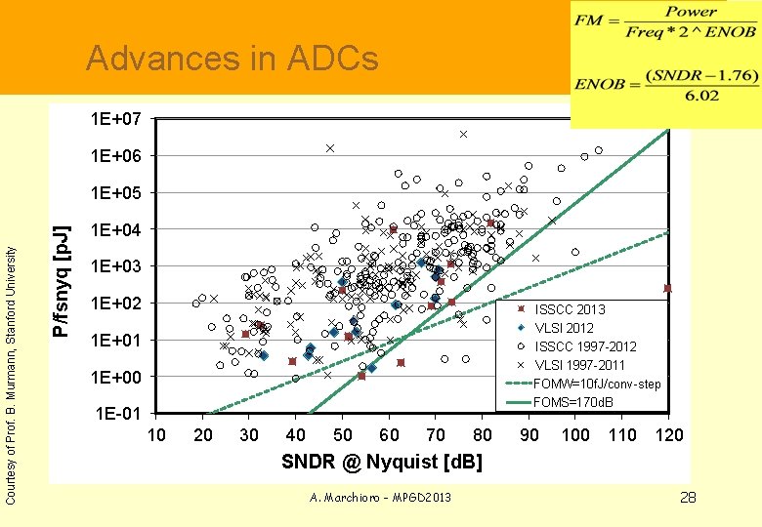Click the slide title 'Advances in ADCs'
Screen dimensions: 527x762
pos(232,60)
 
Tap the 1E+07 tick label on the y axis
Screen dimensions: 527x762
pos(115,120)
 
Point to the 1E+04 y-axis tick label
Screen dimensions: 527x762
pos(115,230)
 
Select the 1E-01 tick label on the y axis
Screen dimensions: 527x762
pos(115,414)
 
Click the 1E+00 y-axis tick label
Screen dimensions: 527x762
pos(115,378)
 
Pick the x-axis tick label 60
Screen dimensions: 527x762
pos(389,435)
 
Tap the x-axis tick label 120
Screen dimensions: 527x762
pos(668,435)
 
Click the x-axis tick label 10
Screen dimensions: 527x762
pos(156,435)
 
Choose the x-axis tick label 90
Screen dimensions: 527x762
pos(529,435)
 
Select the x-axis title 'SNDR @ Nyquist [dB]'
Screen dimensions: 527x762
pos(381,461)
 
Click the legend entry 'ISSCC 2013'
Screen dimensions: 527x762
pos(570,309)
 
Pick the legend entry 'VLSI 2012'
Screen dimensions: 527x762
pos(564,328)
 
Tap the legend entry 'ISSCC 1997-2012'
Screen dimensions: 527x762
pos(585,346)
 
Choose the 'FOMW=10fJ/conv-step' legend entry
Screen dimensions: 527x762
pos(597,384)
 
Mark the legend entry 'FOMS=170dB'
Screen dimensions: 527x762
pos(572,402)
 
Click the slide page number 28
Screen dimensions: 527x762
pos(688,498)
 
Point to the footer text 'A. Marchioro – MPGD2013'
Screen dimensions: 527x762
pos(380,498)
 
